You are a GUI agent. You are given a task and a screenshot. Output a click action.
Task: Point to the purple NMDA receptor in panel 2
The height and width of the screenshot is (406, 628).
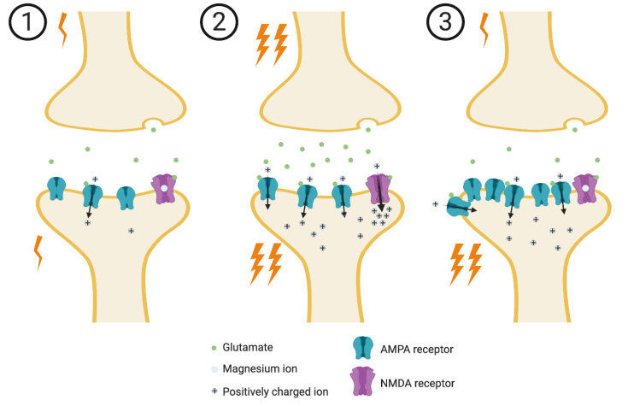click(x=377, y=189)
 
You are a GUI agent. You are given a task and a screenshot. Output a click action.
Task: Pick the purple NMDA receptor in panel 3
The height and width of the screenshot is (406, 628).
click(x=584, y=188)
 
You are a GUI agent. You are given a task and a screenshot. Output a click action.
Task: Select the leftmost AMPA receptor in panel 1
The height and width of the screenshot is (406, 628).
click(x=56, y=189)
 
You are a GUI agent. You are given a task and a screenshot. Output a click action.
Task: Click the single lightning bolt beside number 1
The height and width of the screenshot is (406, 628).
click(x=61, y=29)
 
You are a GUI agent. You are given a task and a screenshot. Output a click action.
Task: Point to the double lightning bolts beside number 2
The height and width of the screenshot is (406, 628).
click(x=272, y=44)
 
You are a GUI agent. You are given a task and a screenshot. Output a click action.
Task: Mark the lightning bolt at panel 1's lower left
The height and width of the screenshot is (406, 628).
click(x=38, y=251)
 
